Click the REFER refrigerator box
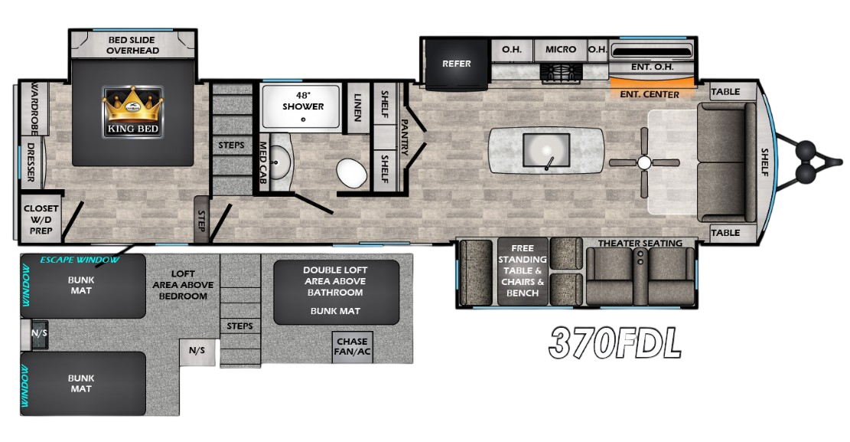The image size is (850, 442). tap(457, 64)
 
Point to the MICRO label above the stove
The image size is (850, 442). tap(560, 49)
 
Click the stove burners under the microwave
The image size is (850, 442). tap(560, 73)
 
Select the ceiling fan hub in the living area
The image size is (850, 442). tap(644, 162)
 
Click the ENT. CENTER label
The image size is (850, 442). tap(650, 94)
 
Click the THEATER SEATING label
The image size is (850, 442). tap(640, 243)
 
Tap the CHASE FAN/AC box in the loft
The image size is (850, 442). tap(351, 347)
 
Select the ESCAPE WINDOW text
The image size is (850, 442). tap(71, 259)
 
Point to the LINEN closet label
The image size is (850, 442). tap(357, 102)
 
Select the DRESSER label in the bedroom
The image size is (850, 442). tap(31, 162)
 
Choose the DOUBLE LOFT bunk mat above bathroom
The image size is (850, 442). tap(337, 292)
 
